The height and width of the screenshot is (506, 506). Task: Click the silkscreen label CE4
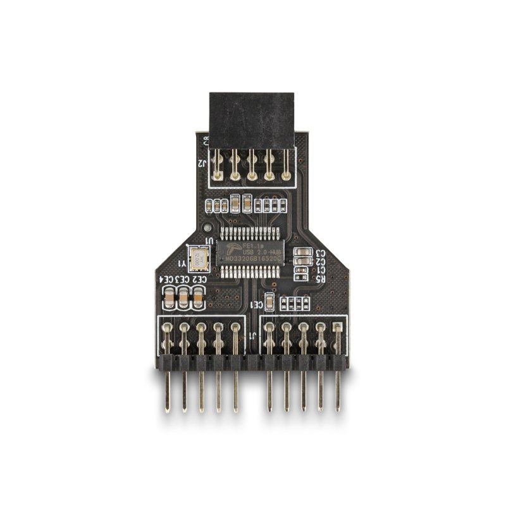[x=166, y=279]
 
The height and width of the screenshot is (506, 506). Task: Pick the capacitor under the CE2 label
[x=198, y=297]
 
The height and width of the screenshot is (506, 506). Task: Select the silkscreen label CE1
[x=257, y=305]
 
